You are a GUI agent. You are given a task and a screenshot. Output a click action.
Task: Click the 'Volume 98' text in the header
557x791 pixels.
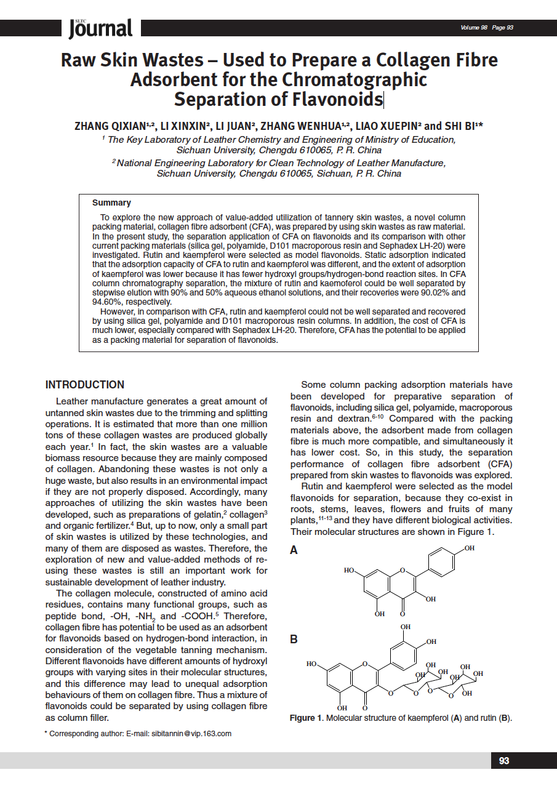point(474,28)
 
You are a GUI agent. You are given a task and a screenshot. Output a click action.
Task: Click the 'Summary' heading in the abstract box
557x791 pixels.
point(111,203)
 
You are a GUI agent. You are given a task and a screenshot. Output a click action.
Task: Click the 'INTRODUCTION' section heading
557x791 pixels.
point(85,385)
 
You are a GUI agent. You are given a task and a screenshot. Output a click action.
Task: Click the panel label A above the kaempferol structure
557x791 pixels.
point(294,550)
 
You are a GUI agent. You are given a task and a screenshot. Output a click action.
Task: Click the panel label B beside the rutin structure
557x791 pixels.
point(294,640)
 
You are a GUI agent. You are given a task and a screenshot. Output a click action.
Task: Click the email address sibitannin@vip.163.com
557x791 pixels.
point(191,734)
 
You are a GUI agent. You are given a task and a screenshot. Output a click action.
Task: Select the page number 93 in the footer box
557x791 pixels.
point(504,761)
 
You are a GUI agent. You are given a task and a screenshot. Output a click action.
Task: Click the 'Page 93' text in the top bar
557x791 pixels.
point(503,28)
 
